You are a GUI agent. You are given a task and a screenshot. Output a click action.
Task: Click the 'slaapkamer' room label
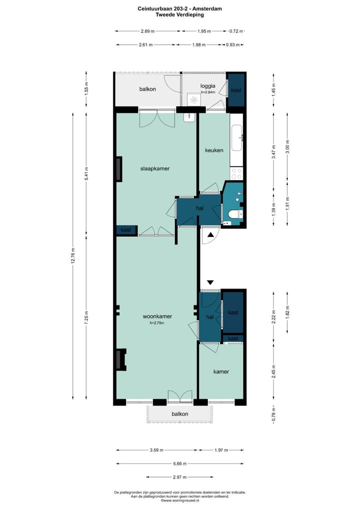click(x=154, y=168)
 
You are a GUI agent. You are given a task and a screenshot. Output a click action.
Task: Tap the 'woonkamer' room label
click(x=157, y=316)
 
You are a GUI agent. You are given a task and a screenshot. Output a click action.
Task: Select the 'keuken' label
click(x=214, y=150)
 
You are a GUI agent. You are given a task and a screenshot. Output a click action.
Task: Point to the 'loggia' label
click(x=207, y=85)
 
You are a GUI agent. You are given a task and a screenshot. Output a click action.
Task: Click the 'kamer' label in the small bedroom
click(x=221, y=371)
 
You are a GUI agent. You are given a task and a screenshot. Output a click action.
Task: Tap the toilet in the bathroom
click(x=234, y=214)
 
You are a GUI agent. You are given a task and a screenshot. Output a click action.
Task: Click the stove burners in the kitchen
click(x=236, y=173)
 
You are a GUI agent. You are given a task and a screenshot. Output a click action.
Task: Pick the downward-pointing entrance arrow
click(x=210, y=282)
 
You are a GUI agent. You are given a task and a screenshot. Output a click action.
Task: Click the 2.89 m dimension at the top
click(x=147, y=31)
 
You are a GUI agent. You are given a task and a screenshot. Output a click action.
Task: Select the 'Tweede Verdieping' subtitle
click(x=179, y=15)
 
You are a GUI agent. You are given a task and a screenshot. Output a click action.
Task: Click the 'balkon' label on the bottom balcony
click(x=180, y=414)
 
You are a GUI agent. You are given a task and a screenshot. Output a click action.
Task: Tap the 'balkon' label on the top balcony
click(x=147, y=89)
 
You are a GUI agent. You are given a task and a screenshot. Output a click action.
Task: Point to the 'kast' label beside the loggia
click(x=236, y=90)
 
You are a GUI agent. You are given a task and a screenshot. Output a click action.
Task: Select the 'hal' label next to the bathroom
click(x=199, y=208)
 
